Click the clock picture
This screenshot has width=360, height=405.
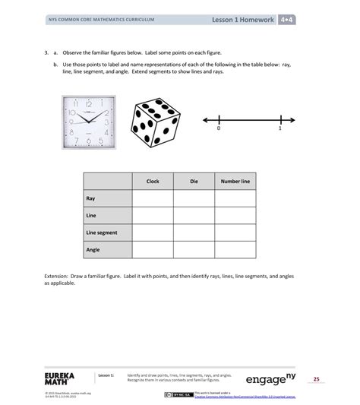pos(92,121)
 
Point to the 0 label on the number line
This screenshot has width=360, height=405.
pos(219,129)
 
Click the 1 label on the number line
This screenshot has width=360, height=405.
pos(279,129)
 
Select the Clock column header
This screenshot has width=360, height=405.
pos(152,182)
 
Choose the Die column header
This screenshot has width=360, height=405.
pos(194,182)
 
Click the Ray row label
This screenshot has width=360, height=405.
pos(90,198)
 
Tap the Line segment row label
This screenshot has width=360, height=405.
pos(101,232)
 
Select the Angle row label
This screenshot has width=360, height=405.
pos(93,248)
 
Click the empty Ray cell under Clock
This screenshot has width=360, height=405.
pos(152,198)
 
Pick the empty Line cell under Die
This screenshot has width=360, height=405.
pos(194,215)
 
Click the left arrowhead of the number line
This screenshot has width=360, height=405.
pos(205,119)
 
